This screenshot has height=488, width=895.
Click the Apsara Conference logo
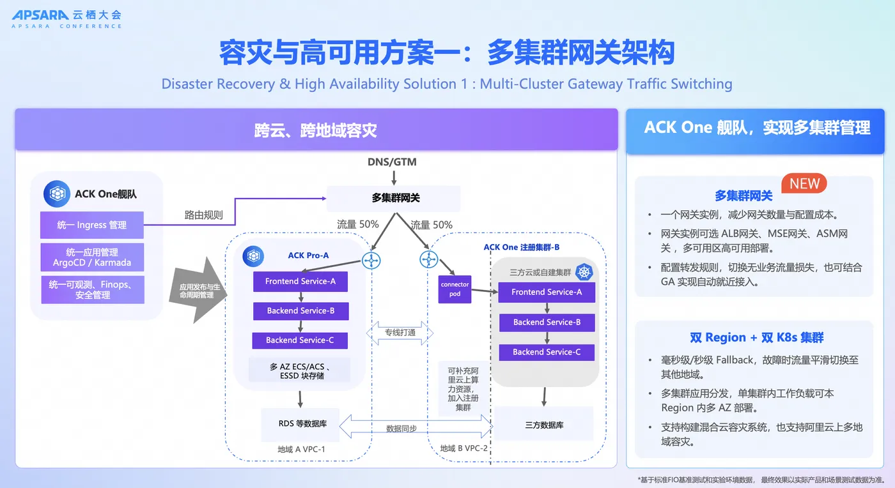coord(66,19)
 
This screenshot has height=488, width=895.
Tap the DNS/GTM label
coord(392,162)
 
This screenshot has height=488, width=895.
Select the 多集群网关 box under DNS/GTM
coord(394,199)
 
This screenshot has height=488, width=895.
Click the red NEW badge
coord(804,184)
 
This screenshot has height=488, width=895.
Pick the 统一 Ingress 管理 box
coord(92,225)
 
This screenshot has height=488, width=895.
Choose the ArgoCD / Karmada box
coord(92,257)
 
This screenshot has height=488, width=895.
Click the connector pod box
coord(455,289)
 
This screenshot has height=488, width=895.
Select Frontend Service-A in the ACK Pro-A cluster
coord(300,281)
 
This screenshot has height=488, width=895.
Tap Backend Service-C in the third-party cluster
coord(547,352)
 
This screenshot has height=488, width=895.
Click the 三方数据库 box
coord(544,425)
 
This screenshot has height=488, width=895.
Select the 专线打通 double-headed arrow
coord(400,333)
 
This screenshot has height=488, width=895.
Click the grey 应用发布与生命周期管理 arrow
coord(198,291)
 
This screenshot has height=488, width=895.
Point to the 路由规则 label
coord(203,215)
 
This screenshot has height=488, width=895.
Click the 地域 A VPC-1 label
coord(301,449)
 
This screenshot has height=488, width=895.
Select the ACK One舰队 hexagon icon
coord(57,194)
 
